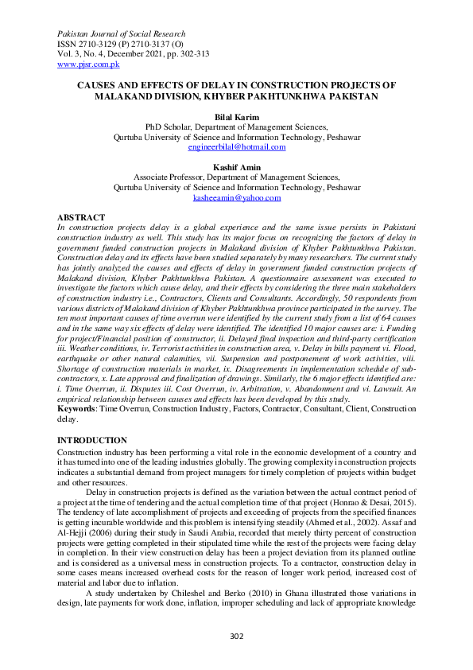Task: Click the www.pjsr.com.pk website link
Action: point(87,64)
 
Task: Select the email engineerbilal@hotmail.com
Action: point(236,146)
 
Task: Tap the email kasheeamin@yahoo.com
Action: point(236,197)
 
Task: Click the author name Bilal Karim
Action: point(236,116)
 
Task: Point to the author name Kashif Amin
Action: point(236,167)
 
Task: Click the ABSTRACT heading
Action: point(82,217)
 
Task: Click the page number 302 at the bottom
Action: point(236,636)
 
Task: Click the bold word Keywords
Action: point(76,408)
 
